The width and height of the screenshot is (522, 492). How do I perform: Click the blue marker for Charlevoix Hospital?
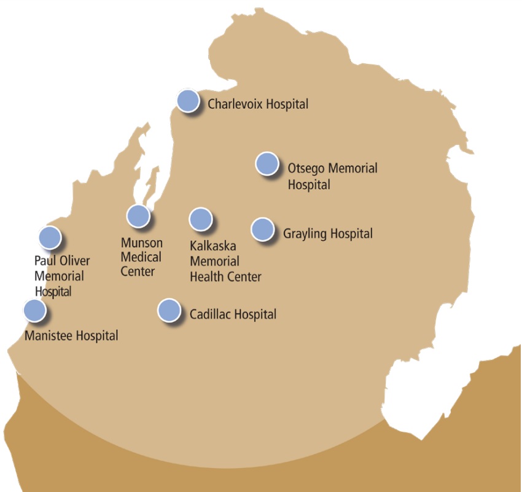tap(188, 101)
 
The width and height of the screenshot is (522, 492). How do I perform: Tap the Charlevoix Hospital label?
tap(258, 104)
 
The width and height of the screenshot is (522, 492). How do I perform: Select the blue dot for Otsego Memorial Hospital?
tap(267, 164)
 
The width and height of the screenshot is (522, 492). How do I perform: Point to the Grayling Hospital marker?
tap(262, 229)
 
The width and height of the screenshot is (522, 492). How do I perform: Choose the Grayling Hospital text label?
tap(328, 234)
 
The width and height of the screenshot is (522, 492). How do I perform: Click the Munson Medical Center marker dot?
tap(138, 216)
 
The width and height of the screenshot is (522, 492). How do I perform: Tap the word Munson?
tap(142, 243)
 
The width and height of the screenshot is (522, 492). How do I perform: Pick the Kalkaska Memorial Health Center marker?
tap(200, 219)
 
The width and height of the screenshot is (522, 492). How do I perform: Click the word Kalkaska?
tap(213, 247)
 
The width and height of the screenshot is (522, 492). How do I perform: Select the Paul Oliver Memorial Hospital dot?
tap(50, 236)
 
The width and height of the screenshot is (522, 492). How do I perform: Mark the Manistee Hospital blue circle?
tap(34, 310)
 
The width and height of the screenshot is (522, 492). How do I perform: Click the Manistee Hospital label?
tap(71, 336)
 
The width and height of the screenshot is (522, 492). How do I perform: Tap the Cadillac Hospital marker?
tap(169, 310)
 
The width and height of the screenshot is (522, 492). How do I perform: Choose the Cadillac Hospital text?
tap(233, 314)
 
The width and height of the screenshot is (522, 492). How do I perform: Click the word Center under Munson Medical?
tap(138, 271)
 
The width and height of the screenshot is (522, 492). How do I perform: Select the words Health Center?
tap(225, 277)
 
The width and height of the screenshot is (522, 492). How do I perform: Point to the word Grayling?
tap(305, 234)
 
